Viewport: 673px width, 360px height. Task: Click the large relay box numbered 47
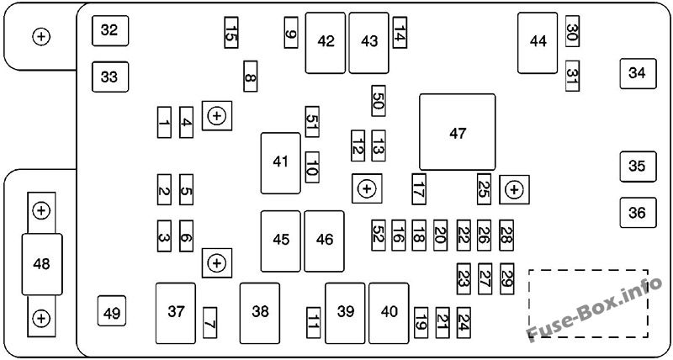point(457,132)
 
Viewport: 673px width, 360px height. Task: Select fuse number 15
point(231,33)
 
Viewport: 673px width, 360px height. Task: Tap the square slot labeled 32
point(110,30)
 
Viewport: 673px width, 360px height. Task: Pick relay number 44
point(538,43)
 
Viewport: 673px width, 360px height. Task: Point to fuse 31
point(572,76)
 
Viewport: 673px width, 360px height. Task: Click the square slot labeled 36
point(638,213)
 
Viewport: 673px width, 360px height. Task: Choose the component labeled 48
point(41,264)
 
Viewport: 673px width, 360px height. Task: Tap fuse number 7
point(209,323)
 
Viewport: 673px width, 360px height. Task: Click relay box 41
point(281,163)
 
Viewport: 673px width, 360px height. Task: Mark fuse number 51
point(312,122)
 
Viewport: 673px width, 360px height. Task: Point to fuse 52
point(378,236)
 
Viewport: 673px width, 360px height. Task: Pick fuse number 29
point(507,279)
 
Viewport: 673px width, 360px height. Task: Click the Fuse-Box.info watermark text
point(595,310)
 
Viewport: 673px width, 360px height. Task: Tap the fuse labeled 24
point(464,323)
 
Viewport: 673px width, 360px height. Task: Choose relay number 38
point(260,313)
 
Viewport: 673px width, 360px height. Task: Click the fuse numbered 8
point(250,77)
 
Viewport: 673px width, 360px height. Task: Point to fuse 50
point(378,101)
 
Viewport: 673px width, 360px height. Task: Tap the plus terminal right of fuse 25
point(514,189)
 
